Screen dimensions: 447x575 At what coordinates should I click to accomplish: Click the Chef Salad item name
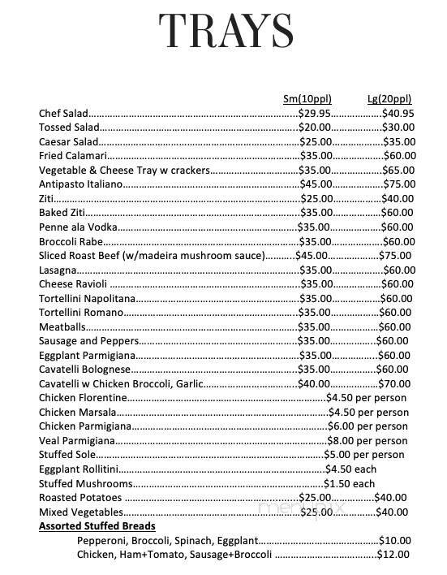(62, 114)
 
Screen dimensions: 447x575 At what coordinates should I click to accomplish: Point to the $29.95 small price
(315, 114)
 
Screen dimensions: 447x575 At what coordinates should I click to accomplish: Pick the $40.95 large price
(398, 114)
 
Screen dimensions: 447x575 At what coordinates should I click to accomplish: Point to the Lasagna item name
(57, 270)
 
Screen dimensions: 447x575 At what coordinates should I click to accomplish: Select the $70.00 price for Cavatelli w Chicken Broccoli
(395, 383)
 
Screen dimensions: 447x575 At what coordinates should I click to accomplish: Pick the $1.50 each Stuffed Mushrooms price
(350, 483)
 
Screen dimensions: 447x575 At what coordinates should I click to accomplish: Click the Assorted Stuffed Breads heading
(97, 526)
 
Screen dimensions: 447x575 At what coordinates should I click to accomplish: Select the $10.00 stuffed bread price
(396, 540)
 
